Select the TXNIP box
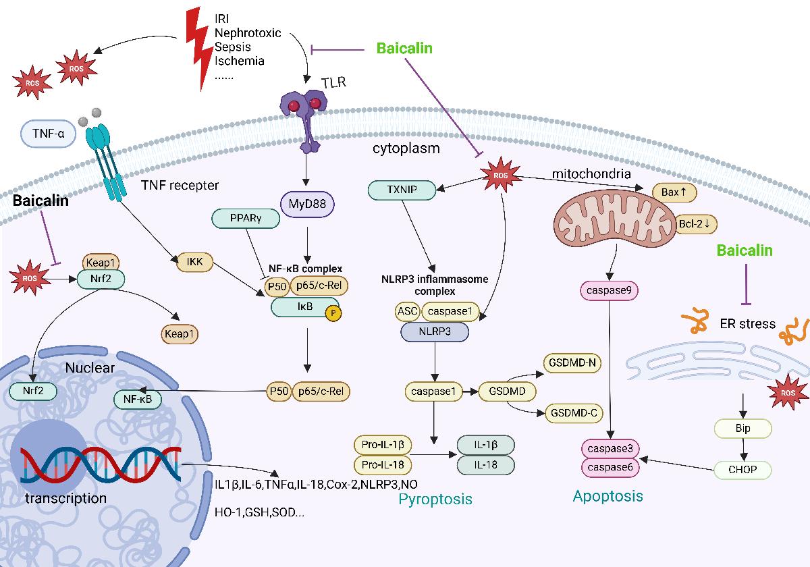402,190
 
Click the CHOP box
743,469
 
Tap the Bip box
743,428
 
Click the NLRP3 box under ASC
436,331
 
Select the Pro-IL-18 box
383,465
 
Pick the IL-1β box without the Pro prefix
486,446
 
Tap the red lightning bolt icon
198,51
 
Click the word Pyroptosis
435,500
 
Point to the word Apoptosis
607,497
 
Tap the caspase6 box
610,466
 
